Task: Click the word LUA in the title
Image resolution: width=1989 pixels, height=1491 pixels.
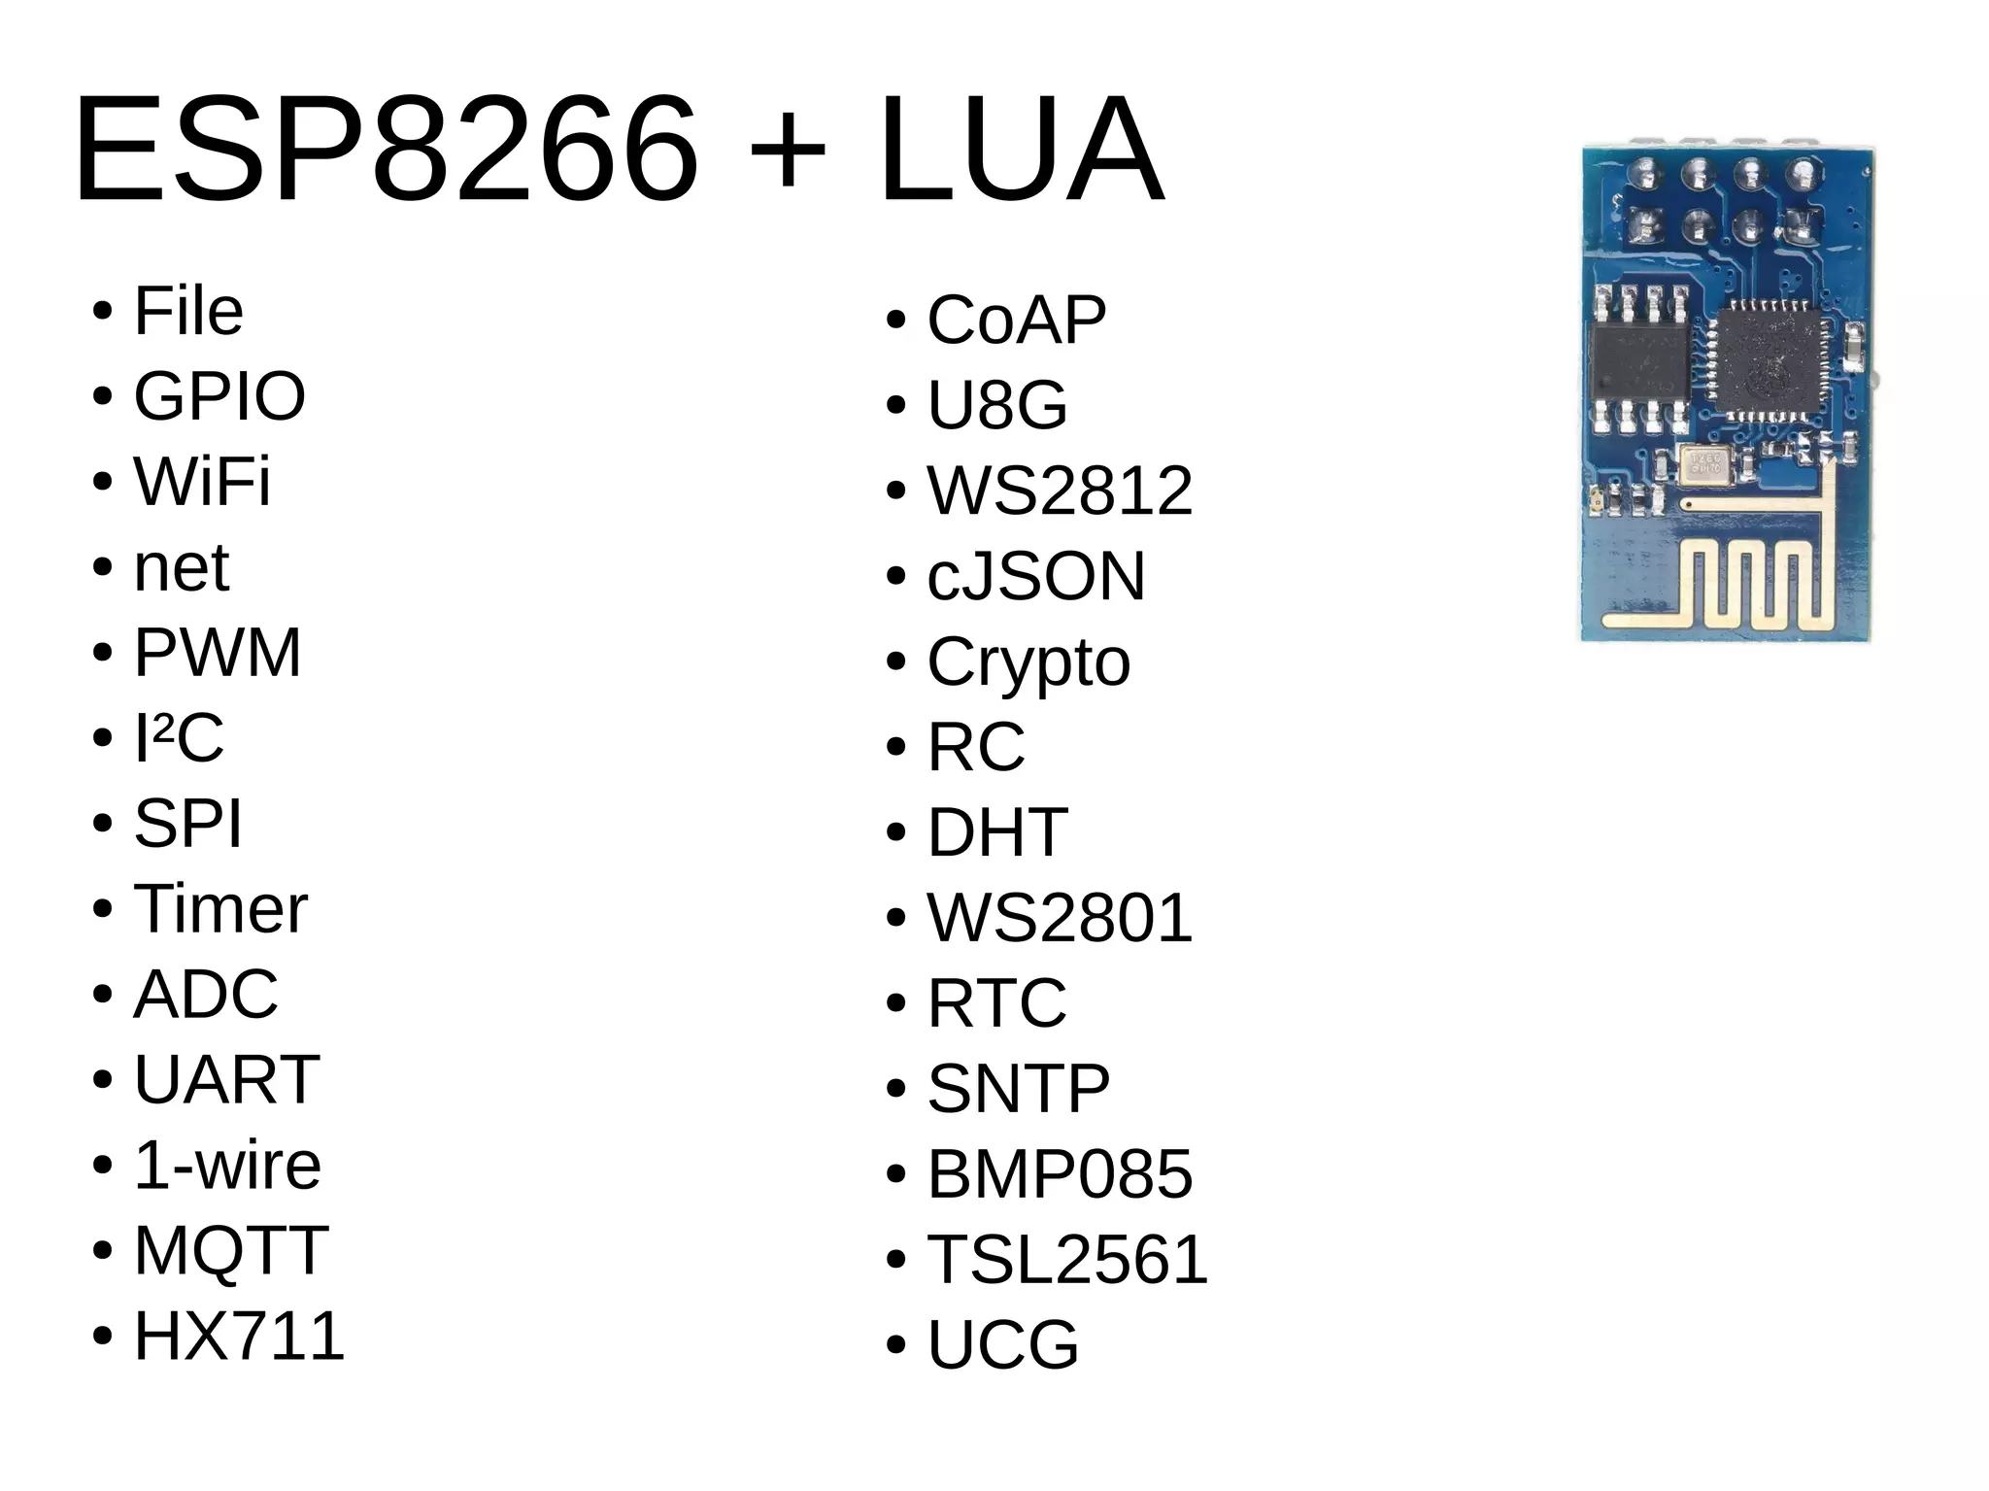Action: [x=1020, y=151]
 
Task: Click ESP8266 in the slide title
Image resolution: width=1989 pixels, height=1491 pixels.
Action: [x=385, y=151]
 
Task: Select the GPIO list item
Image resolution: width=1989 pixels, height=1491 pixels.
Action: [x=219, y=396]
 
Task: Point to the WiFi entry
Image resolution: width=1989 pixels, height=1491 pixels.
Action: [x=202, y=482]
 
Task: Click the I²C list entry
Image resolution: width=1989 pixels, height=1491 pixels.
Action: [x=179, y=738]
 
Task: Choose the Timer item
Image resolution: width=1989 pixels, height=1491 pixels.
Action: [x=220, y=909]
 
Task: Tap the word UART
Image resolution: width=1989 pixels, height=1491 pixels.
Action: [x=226, y=1079]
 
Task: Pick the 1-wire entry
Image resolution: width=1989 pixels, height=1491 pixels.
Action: [x=227, y=1165]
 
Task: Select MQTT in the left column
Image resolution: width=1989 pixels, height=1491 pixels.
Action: [x=231, y=1250]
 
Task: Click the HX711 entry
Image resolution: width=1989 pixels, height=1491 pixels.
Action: [x=239, y=1336]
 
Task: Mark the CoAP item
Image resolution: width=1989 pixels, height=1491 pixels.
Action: [x=1017, y=320]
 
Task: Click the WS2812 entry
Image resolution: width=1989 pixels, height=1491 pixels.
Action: [x=1060, y=491]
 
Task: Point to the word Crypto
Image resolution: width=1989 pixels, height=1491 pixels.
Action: [x=1028, y=662]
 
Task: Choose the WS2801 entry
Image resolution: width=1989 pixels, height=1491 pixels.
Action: [x=1060, y=918]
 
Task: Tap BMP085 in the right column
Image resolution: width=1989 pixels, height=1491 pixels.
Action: [x=1060, y=1174]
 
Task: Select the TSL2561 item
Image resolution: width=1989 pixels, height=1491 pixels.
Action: [x=1067, y=1260]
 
